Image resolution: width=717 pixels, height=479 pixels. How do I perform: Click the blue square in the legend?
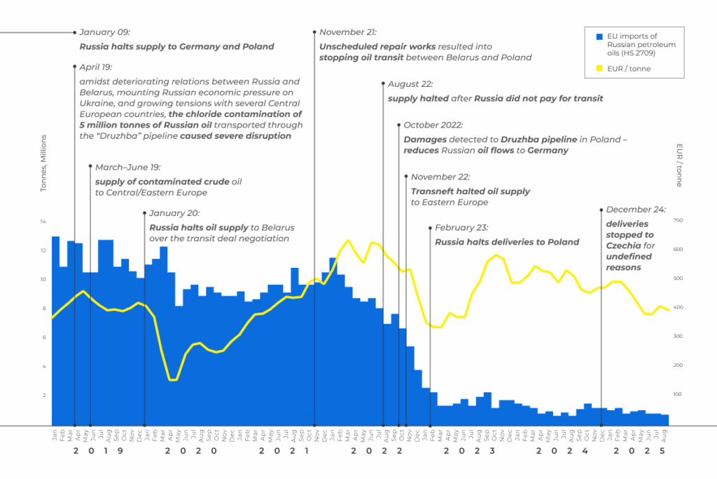[x=598, y=36]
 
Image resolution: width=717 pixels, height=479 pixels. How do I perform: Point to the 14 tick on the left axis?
[x=43, y=222]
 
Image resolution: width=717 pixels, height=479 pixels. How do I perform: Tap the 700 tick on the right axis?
[x=657, y=221]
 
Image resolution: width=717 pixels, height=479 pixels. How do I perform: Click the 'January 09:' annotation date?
[x=105, y=32]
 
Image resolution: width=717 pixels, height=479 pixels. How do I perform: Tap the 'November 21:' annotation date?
[x=348, y=32]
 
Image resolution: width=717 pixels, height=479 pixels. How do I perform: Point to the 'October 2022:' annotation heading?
[x=433, y=125]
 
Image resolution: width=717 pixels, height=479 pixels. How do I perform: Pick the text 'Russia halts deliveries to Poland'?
[x=507, y=242]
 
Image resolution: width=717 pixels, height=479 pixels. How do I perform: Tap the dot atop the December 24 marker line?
[x=601, y=210]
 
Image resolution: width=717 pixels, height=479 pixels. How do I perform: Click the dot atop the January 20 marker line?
[x=144, y=212]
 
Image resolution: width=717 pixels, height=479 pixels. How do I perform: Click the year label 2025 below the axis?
[x=639, y=452]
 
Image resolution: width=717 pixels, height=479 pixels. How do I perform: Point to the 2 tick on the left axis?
[x=43, y=396]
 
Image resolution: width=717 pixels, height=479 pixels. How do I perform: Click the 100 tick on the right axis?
[x=657, y=395]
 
